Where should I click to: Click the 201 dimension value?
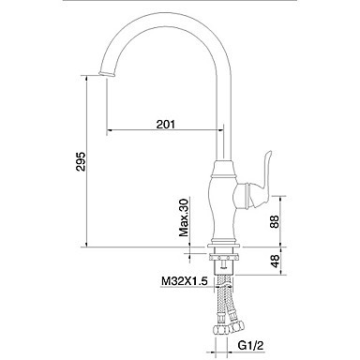[166, 124]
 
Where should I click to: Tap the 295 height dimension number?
[81, 161]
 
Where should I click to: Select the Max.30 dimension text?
[184, 217]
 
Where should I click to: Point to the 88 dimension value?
[274, 221]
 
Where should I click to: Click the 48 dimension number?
[275, 261]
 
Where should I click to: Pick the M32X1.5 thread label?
[185, 281]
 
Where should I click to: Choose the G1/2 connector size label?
[251, 345]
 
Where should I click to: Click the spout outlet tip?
[107, 74]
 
